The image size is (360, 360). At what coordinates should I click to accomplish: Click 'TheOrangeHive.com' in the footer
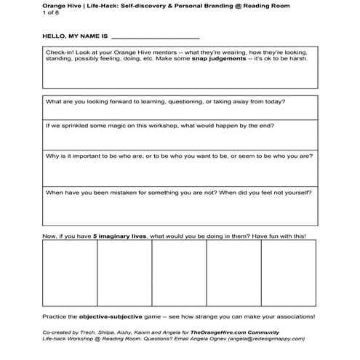pyautogui.click(x=220, y=330)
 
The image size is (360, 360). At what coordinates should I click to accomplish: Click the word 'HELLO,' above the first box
pyautogui.click(x=55, y=35)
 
